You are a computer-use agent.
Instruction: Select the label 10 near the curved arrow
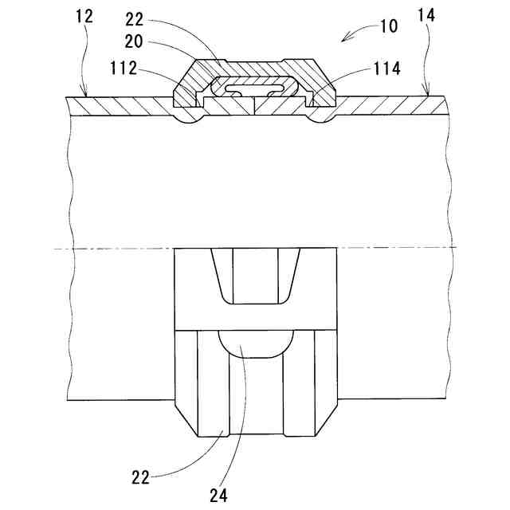388,26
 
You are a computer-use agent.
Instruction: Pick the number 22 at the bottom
140,478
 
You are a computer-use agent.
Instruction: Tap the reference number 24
219,493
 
